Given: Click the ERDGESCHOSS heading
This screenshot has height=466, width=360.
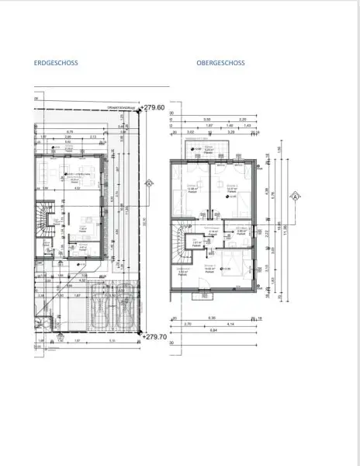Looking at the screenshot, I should [56, 64].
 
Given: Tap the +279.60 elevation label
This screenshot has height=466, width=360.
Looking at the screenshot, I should [154, 108].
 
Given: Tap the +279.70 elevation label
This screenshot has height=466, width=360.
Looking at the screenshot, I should [154, 337].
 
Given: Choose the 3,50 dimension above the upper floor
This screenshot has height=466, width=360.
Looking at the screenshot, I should [207, 120].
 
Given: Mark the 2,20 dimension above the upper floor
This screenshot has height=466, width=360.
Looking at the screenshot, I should [242, 120].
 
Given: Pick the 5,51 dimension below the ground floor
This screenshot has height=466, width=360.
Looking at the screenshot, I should [112, 340].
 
